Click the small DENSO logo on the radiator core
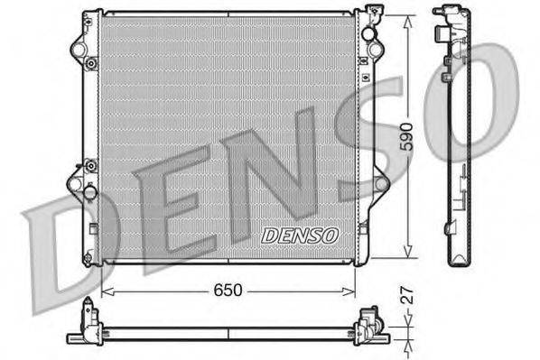(298, 235)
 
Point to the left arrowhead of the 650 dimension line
(106, 291)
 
